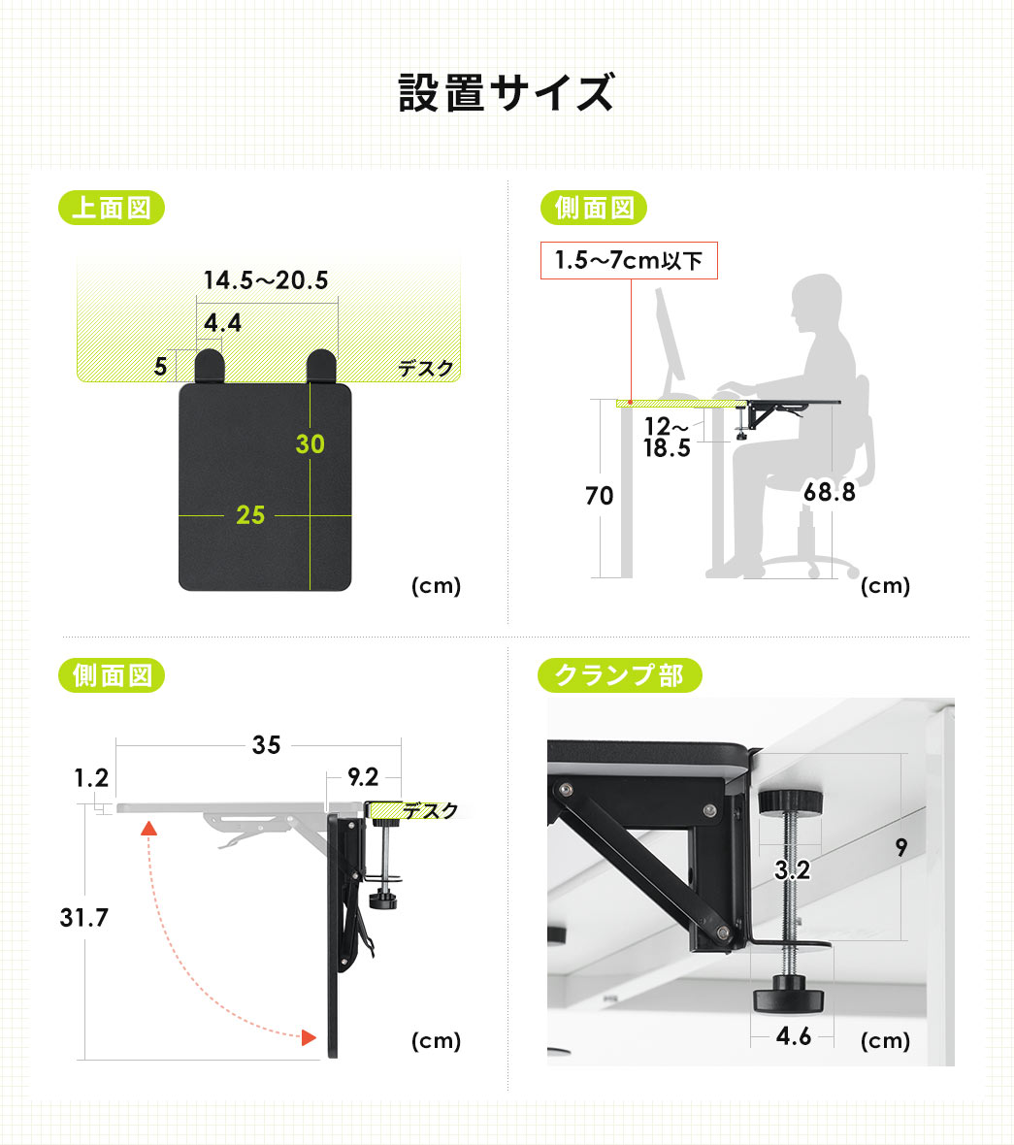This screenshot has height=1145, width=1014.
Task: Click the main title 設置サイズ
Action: (507, 93)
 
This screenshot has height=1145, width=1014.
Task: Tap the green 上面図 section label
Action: (112, 208)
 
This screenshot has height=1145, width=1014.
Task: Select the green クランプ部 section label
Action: (618, 675)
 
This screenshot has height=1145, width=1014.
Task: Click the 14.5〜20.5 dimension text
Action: (265, 280)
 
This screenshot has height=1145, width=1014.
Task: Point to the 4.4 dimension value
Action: (222, 322)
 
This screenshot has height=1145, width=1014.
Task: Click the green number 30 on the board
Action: (311, 444)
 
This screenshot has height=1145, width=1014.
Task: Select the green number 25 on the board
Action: (250, 515)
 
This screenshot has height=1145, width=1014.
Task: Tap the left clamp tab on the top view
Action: (210, 367)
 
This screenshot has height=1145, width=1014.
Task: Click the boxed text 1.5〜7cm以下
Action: (628, 261)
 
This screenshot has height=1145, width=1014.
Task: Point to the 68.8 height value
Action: (829, 492)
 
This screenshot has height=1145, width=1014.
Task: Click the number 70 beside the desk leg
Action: (599, 496)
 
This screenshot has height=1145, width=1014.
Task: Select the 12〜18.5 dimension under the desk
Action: (667, 437)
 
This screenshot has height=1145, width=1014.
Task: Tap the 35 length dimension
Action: (266, 744)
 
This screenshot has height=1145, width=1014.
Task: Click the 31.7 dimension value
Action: (83, 917)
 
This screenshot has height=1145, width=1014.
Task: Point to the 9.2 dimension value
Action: (362, 776)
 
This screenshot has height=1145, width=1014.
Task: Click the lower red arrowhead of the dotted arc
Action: (308, 1037)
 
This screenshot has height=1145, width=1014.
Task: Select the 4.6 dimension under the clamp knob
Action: (793, 1036)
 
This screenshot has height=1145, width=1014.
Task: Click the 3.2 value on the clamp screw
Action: (792, 870)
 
